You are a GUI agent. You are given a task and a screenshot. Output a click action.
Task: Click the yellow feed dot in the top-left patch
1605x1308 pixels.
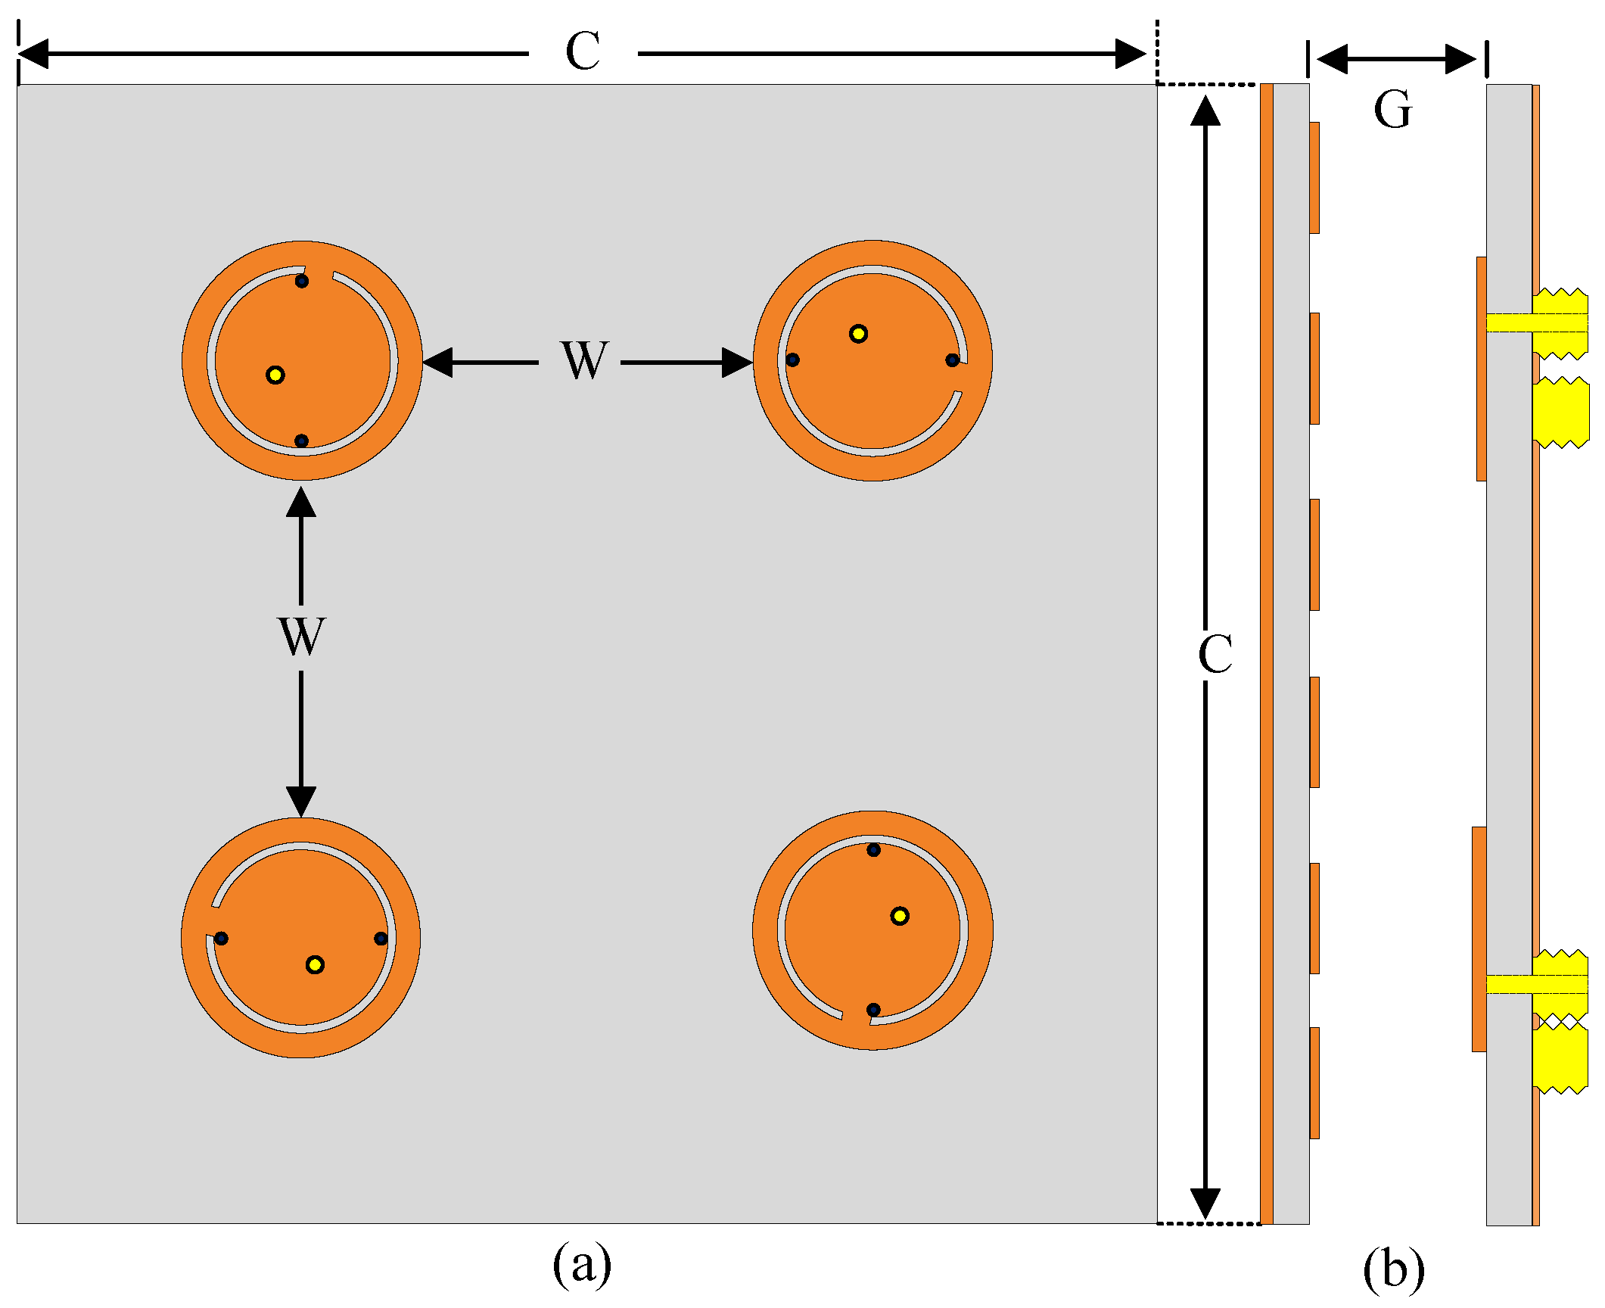[275, 375]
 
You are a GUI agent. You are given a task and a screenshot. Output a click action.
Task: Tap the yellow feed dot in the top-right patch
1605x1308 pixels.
[858, 334]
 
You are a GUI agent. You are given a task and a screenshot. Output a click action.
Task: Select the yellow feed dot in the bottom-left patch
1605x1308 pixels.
[315, 964]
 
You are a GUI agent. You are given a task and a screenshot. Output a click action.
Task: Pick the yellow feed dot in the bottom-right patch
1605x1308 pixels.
[900, 916]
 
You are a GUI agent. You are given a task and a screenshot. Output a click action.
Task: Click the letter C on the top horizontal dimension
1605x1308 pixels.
[583, 52]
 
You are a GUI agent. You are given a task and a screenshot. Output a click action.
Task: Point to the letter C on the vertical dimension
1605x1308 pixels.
[1215, 654]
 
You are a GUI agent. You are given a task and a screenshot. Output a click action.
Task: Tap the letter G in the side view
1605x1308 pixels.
[1393, 110]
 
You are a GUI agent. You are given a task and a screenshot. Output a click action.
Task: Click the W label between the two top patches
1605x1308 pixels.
[583, 361]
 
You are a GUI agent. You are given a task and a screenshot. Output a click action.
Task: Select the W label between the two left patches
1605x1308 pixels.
[301, 637]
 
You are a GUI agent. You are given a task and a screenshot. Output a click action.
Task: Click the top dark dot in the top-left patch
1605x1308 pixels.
[301, 282]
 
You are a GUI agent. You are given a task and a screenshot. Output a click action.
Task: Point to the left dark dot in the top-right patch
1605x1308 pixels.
[792, 360]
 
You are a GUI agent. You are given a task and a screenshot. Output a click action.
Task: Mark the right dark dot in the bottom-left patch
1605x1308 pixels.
[381, 939]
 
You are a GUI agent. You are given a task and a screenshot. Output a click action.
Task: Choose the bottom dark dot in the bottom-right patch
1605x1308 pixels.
[873, 1010]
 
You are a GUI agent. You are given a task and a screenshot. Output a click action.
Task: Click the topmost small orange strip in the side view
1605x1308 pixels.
[1314, 178]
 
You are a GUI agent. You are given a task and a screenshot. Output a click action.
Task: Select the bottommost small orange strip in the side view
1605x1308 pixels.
[1314, 1082]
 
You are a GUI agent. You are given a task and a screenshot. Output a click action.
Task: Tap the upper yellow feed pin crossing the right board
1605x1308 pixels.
[1536, 323]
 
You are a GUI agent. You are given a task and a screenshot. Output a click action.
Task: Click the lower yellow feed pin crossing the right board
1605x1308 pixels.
[1536, 984]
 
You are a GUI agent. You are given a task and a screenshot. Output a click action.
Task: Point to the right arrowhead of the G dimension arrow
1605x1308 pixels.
[1461, 59]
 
